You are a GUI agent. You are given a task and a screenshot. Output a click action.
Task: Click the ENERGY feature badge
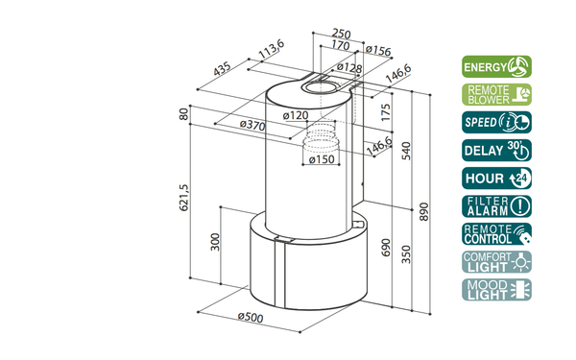[x=496, y=66]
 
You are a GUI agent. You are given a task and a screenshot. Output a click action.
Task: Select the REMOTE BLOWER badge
[x=496, y=94]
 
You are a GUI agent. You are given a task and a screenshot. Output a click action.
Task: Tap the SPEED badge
[x=496, y=122]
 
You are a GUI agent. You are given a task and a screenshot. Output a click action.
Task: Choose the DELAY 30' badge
[x=496, y=151]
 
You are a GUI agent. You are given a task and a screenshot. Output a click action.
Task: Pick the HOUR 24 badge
[x=496, y=179]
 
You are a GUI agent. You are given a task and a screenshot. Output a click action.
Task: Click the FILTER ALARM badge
[x=496, y=206]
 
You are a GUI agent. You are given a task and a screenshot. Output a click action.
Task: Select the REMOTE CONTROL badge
[x=496, y=234]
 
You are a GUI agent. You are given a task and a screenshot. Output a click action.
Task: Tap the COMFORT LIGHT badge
[x=496, y=262]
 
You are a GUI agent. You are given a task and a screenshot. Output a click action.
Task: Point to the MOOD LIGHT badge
[x=496, y=290]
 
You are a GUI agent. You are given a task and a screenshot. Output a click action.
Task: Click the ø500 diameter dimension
[x=251, y=317]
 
